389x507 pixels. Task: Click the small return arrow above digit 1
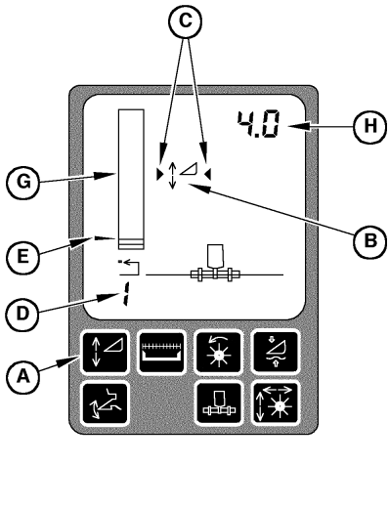(x=124, y=266)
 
